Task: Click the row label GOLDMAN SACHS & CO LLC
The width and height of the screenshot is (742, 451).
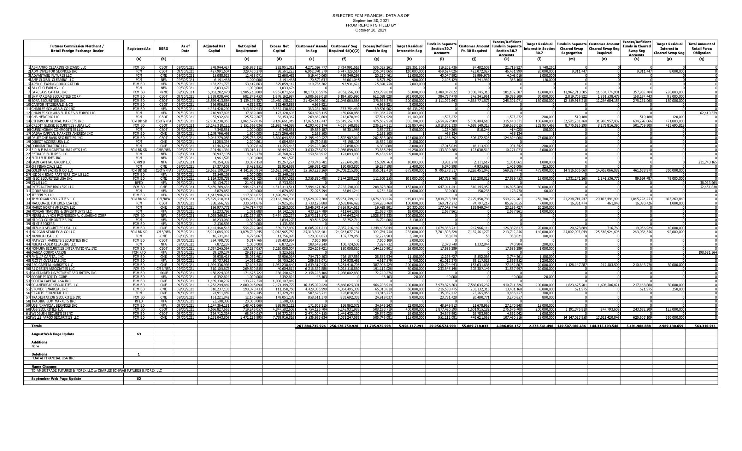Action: pyautogui.click(x=49, y=170)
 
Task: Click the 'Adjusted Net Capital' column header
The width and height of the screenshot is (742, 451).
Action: pyautogui.click(x=214, y=48)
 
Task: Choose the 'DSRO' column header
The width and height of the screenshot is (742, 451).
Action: pyautogui.click(x=163, y=48)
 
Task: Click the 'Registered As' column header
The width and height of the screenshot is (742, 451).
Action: pyautogui.click(x=139, y=48)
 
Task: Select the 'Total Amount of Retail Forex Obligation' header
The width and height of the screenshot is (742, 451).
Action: pyautogui.click(x=701, y=48)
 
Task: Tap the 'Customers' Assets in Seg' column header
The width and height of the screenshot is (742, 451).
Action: pyautogui.click(x=311, y=48)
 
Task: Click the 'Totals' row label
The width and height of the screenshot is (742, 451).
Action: pyautogui.click(x=36, y=326)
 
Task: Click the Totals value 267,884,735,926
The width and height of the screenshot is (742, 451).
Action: pyautogui.click(x=311, y=326)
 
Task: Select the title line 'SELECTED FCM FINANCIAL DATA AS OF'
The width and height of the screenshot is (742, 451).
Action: pyautogui.click(x=371, y=16)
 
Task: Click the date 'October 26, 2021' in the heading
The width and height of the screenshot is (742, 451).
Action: pyautogui.click(x=371, y=30)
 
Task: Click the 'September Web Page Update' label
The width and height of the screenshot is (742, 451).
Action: pyautogui.click(x=56, y=378)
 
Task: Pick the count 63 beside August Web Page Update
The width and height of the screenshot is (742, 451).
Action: pyautogui.click(x=139, y=334)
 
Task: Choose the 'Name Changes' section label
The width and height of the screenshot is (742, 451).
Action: pyautogui.click(x=44, y=366)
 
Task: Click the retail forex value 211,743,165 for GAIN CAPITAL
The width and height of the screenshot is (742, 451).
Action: pyautogui.click(x=705, y=162)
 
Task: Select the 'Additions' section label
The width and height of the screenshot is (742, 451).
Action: pyautogui.click(x=39, y=342)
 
